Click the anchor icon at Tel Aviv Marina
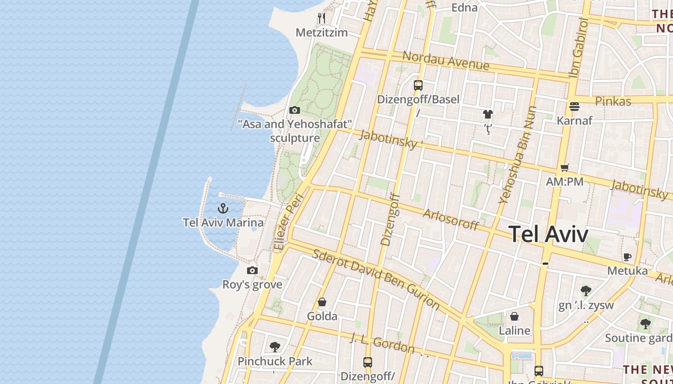(223, 208)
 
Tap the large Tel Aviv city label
(548, 234)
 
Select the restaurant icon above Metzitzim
(322, 18)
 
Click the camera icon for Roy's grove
(252, 271)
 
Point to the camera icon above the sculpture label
(295, 110)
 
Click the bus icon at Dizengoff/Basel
(418, 85)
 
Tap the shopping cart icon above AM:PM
(564, 168)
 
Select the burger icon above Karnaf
(574, 106)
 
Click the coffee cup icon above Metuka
(627, 257)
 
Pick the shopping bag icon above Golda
(322, 302)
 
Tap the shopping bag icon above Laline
(514, 316)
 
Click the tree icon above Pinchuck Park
(275, 347)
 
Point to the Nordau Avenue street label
(446, 60)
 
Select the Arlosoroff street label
(450, 219)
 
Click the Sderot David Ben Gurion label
(376, 279)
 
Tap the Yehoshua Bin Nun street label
(517, 155)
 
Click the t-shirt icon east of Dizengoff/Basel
(488, 114)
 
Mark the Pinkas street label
(613, 101)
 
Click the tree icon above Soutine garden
(645, 324)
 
